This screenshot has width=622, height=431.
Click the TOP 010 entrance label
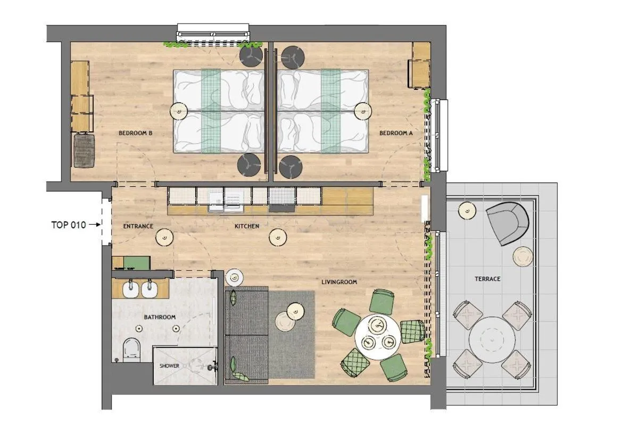point(68,225)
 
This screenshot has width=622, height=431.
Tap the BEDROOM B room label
point(136,134)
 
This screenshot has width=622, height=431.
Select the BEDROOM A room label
point(396,134)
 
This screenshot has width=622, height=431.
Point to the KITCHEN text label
point(247,226)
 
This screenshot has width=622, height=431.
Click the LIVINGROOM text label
point(339,282)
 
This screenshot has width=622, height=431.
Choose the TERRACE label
point(487,279)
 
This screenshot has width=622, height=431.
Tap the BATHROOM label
point(160,317)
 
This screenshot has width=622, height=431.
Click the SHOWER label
point(169,366)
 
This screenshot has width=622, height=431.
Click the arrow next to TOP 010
point(94,225)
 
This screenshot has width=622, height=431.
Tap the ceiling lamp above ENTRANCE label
point(164,238)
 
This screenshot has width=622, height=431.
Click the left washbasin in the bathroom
point(130,289)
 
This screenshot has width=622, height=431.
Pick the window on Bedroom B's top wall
point(213,32)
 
